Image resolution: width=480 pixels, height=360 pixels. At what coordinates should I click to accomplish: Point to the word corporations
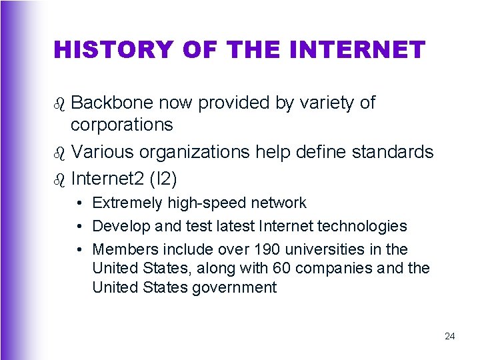coord(122,125)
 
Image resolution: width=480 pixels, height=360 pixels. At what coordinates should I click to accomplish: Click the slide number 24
coord(449,336)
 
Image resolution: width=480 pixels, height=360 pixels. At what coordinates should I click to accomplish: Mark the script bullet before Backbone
coord(60,103)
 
